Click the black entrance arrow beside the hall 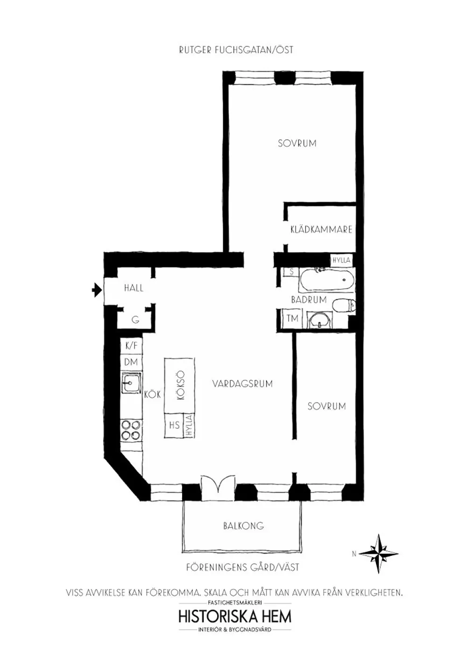point(97,290)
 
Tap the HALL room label point(134,288)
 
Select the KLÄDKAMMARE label point(321,229)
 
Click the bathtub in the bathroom point(326,279)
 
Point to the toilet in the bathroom point(344,305)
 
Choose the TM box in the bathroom point(292,319)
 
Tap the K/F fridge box point(132,346)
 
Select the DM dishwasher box point(131,362)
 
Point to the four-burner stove point(131,431)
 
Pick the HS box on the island point(174,425)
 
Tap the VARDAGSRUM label point(242,384)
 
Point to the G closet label point(135,320)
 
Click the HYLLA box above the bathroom point(342,260)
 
